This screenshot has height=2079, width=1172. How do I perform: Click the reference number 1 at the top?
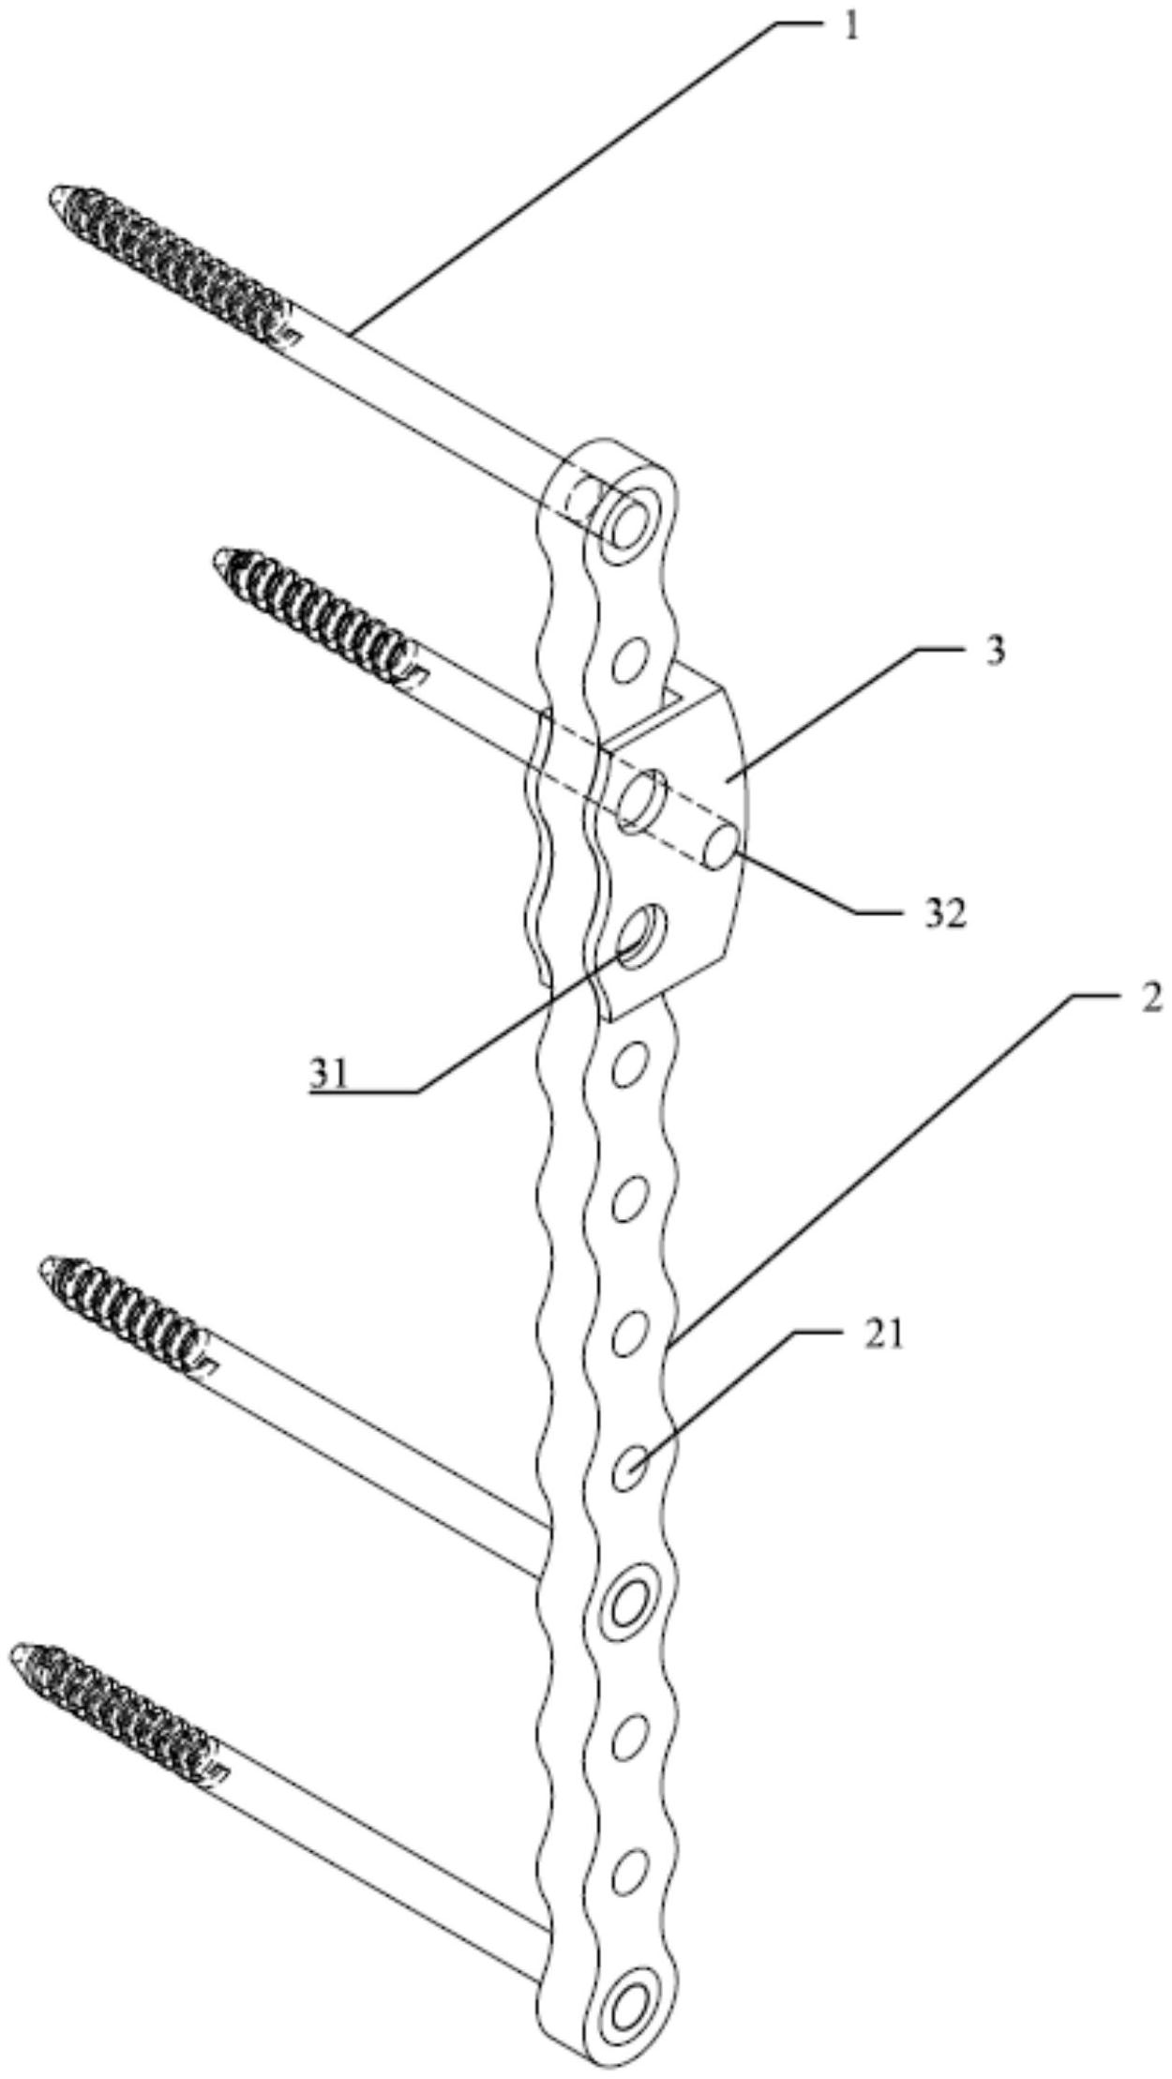850,27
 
